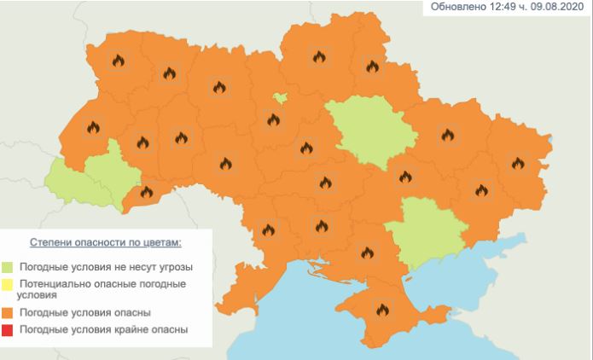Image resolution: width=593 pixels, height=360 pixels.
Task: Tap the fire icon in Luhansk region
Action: pyautogui.click(x=518, y=162)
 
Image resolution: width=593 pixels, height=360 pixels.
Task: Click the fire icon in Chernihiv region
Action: pyautogui.click(x=319, y=57)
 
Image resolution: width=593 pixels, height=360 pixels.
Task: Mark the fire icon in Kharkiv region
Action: pyautogui.click(x=447, y=133)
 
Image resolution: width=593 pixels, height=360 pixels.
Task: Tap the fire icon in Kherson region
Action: pyautogui.click(x=367, y=252)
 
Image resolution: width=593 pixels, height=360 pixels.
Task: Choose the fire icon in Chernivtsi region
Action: pyautogui.click(x=147, y=193)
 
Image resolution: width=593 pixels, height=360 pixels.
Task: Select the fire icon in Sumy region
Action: pyautogui.click(x=372, y=66)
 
